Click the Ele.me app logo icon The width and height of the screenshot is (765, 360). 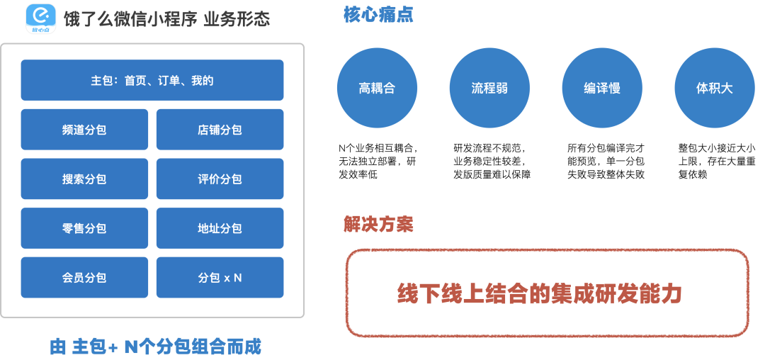click(40, 19)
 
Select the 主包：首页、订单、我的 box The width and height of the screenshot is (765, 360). click(152, 80)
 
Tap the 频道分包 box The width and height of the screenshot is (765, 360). click(84, 130)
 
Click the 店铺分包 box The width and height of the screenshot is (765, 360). click(220, 130)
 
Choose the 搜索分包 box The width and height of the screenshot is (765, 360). click(84, 179)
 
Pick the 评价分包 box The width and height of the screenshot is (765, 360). click(220, 179)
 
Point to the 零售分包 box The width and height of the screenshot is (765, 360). click(84, 228)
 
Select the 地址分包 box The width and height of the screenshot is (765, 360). click(220, 228)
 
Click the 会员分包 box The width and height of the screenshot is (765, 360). click(84, 278)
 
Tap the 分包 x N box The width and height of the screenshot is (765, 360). click(220, 278)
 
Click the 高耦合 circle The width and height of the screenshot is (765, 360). click(377, 89)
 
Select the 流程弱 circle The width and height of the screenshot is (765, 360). click(489, 89)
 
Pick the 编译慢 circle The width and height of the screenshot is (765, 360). click(602, 89)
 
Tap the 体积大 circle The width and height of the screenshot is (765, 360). click(714, 89)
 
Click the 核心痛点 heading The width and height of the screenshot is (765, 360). click(378, 15)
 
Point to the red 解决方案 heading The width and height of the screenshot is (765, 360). click(378, 225)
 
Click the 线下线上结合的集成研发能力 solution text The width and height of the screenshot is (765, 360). click(539, 293)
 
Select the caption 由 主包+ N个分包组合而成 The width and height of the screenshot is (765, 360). click(156, 347)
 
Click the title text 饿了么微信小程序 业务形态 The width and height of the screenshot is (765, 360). click(166, 19)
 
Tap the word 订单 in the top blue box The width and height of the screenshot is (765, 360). click(169, 81)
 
